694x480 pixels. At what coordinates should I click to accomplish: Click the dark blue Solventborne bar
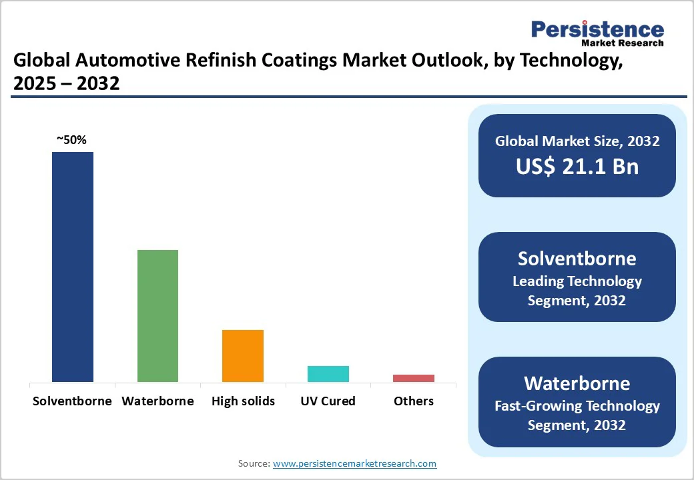[73, 267]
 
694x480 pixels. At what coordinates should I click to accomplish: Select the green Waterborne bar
[157, 315]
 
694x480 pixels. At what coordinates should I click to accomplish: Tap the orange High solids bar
[243, 355]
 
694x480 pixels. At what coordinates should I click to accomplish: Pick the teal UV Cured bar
[328, 373]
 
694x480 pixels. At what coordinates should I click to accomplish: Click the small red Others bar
[413, 378]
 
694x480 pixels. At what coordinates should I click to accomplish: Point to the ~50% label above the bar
[71, 140]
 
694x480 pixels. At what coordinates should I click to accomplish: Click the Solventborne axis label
[72, 401]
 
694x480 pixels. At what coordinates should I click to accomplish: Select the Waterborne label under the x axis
[157, 401]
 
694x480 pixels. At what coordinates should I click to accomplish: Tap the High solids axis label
[243, 401]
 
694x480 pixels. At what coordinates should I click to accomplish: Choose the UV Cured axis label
[328, 401]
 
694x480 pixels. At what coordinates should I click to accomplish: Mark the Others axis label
[413, 401]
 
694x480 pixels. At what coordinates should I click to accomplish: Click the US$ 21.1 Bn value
[577, 167]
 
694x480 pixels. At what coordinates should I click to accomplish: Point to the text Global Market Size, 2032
[577, 141]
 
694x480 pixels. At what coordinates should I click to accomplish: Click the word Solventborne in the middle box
[577, 259]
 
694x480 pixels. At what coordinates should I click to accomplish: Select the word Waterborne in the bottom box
[577, 383]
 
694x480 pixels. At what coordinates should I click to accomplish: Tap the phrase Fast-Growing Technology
[577, 405]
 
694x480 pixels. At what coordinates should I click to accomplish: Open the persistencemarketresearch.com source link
[354, 463]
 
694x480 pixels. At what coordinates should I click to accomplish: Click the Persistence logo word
[597, 29]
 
